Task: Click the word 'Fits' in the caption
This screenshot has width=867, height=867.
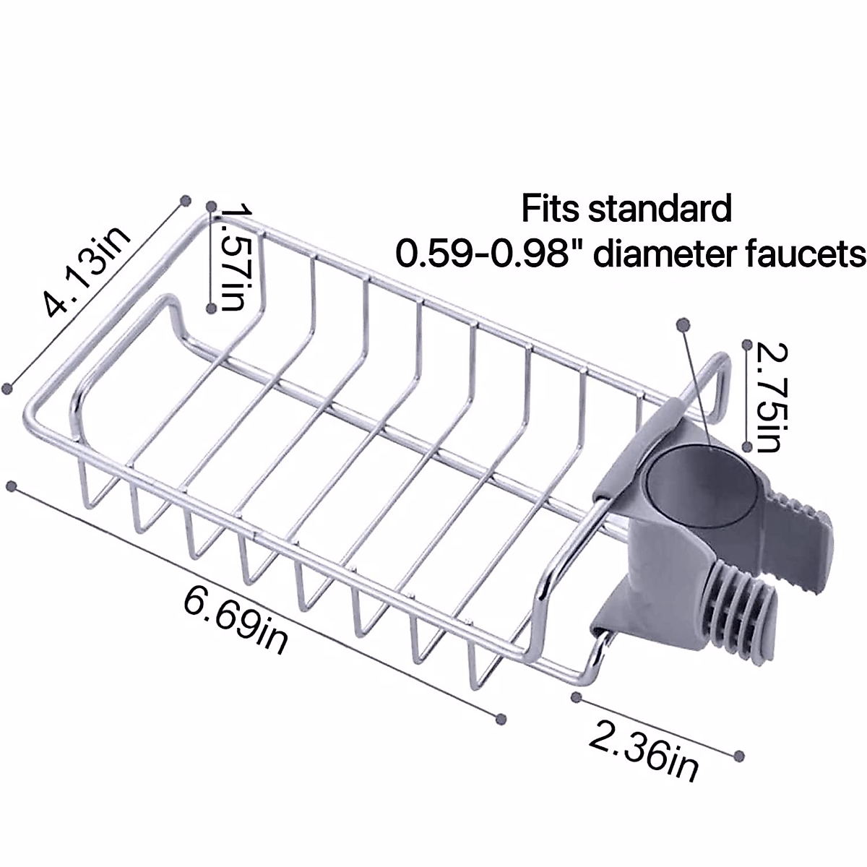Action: point(551,210)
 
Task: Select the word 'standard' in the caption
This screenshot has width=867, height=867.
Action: point(660,210)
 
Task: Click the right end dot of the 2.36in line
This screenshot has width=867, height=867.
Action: point(738,755)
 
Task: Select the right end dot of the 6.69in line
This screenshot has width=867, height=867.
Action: point(501,718)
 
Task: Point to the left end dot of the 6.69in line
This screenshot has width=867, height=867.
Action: point(10,487)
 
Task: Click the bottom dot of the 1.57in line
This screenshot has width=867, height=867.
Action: point(210,308)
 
